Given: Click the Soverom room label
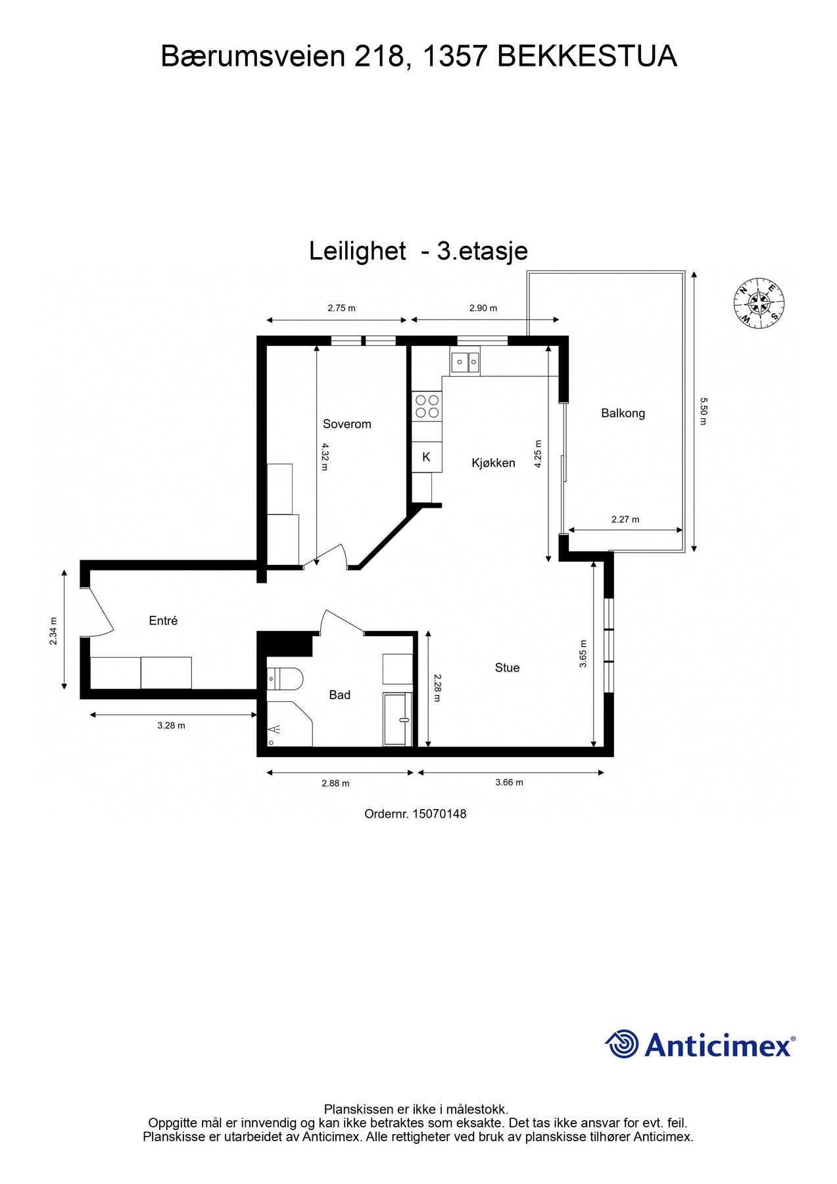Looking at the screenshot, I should point(347,424).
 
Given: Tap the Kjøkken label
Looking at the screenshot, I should point(493,463).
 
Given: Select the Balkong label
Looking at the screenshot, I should point(623,414).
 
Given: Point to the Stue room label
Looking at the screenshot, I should point(507,668).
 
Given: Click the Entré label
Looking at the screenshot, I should point(163,621).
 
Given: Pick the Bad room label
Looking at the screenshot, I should point(339,695).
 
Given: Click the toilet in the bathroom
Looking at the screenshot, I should point(287,678).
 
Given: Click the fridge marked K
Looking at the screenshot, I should point(427,457).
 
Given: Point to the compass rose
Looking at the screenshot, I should point(759,303).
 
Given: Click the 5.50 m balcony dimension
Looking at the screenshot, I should point(702,411).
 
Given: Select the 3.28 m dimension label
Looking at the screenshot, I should point(171,726).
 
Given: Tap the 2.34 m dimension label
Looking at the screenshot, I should point(54,631).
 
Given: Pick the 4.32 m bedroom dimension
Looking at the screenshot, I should point(324,457).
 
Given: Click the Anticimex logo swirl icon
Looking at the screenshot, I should point(621,1045).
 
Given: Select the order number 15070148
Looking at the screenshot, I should point(439,814).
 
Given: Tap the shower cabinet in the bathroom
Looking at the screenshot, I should point(397,719).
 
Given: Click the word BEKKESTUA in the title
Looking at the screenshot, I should point(587,57).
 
